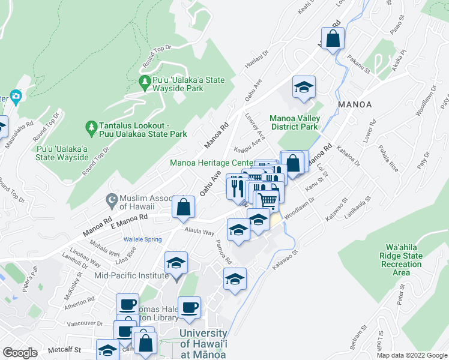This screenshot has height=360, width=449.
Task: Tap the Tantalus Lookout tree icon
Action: point(91,127)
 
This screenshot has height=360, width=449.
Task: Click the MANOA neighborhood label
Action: point(354,104)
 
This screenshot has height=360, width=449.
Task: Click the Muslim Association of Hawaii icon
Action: point(111,199)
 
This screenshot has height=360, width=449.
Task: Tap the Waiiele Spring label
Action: point(143,239)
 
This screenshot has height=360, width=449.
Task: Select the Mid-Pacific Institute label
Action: point(131,275)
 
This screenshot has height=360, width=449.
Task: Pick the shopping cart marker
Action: point(268,199)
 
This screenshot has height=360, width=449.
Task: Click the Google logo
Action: point(20,353)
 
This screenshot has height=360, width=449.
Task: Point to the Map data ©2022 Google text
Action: point(412,355)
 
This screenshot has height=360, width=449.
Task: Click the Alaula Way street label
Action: point(200,232)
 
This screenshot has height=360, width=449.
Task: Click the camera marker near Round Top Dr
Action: point(15,95)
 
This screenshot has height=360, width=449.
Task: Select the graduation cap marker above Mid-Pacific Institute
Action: point(176,263)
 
